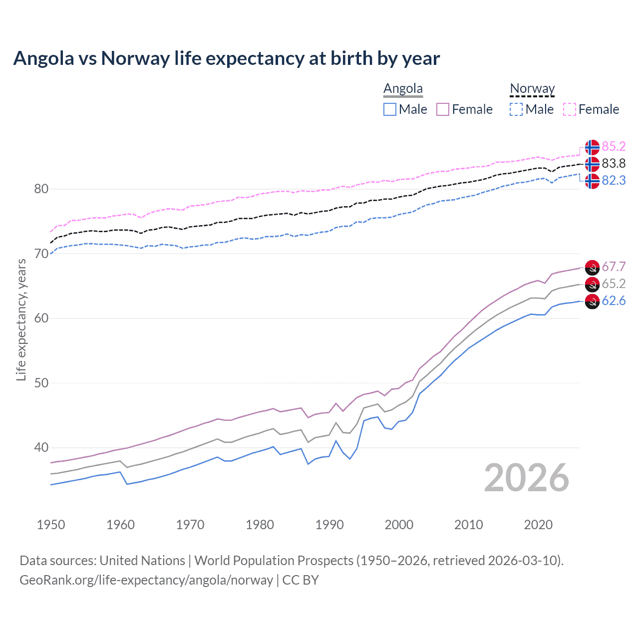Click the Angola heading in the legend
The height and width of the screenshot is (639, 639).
[x=403, y=89]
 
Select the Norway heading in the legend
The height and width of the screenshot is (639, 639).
[x=532, y=89]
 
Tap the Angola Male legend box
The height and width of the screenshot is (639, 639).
[x=390, y=109]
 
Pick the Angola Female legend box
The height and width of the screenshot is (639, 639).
[x=443, y=109]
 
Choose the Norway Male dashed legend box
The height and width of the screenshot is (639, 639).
[x=516, y=109]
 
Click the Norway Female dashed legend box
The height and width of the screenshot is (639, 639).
[x=570, y=109]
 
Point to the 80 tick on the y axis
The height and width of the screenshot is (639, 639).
[x=41, y=189]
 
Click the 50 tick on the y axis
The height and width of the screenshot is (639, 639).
[x=41, y=383]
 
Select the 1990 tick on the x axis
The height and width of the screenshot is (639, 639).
[x=329, y=525]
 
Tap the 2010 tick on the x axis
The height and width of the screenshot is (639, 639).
[x=468, y=525]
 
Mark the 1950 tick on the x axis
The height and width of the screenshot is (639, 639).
[x=51, y=525]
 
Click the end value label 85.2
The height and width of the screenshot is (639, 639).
[x=614, y=146]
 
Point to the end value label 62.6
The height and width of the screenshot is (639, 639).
[x=614, y=301]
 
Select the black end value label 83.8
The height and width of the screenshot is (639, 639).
[x=614, y=163]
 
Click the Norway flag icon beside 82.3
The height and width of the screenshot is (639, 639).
[x=592, y=181]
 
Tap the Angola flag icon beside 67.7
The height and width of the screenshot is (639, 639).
[x=592, y=267]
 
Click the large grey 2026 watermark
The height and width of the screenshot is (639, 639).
[x=526, y=478]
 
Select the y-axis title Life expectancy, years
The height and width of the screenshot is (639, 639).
[x=21, y=319]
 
